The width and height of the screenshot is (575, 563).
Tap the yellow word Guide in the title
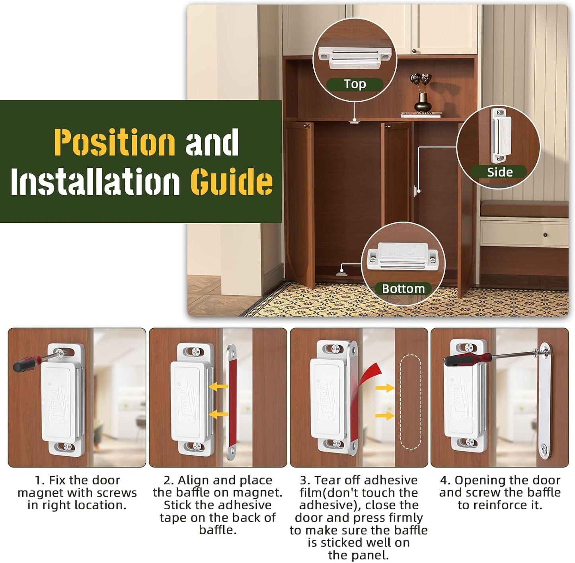tap(232, 181)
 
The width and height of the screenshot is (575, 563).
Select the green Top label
tap(355, 84)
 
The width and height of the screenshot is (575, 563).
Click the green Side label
tap(500, 172)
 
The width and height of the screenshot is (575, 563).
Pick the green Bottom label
tap(403, 288)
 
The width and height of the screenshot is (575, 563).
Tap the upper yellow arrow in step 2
tap(218, 387)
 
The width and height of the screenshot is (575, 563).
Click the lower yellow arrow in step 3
tap(385, 416)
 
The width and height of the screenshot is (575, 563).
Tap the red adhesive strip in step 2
tap(232, 402)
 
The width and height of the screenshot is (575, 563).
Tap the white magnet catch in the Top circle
tap(355, 58)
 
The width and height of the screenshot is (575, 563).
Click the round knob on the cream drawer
tap(546, 235)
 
